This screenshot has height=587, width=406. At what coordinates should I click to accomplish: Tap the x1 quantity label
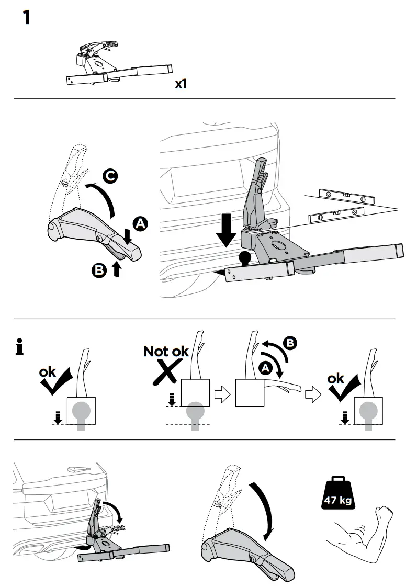pos(181,84)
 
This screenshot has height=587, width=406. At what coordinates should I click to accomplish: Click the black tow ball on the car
pos(245,258)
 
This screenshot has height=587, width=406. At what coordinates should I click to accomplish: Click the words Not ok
pos(166,351)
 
